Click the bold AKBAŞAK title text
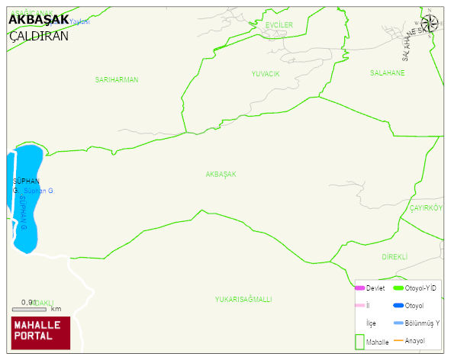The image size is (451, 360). [x=38, y=19]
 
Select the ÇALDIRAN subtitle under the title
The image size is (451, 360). [x=38, y=36]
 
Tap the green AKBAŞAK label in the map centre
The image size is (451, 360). [x=221, y=175]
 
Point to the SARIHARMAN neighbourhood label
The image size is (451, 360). [x=117, y=80]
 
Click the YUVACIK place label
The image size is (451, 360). [x=266, y=74]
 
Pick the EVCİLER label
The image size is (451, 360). [x=279, y=25]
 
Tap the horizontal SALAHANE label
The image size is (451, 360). [x=387, y=73]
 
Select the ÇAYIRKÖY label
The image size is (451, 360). [x=425, y=208]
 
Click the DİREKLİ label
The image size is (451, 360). [x=395, y=257]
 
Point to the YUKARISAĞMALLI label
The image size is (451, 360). [x=243, y=300]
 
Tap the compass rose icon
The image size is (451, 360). [x=430, y=24]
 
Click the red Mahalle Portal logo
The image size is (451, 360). [x=40, y=332]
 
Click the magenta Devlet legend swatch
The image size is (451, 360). [x=360, y=288]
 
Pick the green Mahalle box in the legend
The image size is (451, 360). [x=359, y=342]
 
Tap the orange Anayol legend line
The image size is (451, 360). [x=398, y=340]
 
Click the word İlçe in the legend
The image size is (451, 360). [x=371, y=323]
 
